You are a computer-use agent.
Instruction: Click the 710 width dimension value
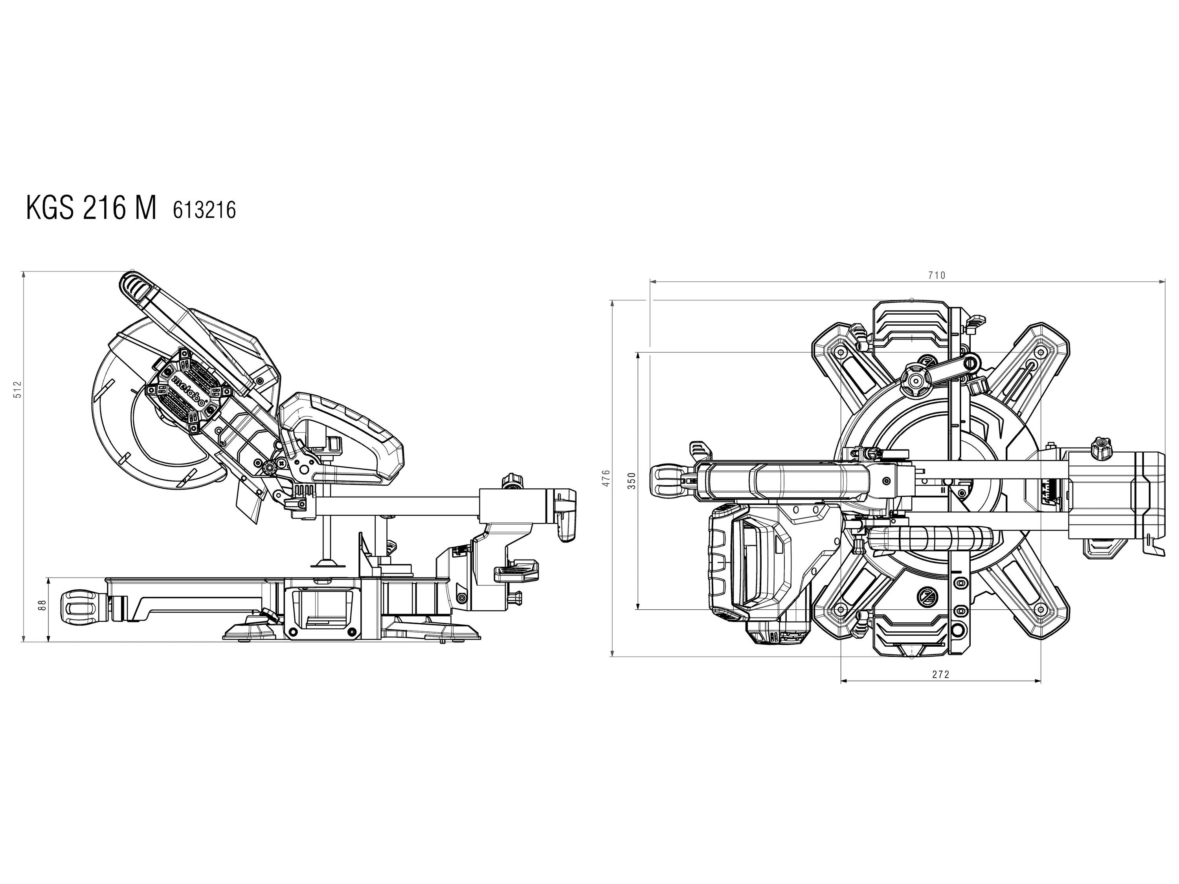coord(937,275)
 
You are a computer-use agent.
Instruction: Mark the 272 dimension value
coord(941,675)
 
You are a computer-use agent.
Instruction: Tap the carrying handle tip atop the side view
coord(133,287)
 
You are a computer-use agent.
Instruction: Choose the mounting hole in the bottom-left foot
coord(841,610)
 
